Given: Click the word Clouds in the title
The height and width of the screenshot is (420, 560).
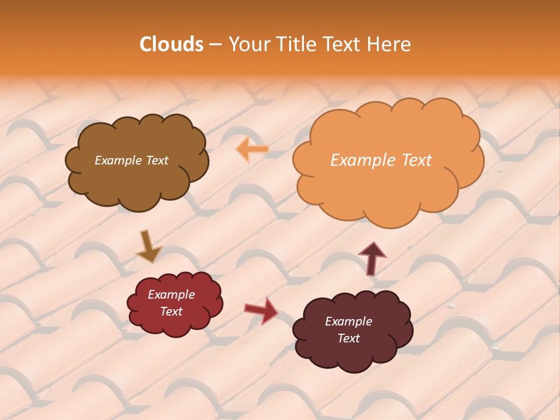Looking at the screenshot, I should (171, 44).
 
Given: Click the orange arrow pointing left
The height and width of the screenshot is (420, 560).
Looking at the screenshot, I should (253, 149).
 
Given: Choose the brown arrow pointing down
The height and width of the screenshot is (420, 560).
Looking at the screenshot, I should (148, 247).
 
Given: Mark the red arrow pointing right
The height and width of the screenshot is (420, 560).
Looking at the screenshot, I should (261, 310).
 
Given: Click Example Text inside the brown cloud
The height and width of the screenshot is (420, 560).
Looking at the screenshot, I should (131, 160).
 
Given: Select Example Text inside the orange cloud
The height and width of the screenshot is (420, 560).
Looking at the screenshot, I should (381, 160).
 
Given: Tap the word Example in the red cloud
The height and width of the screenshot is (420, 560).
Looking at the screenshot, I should (171, 295).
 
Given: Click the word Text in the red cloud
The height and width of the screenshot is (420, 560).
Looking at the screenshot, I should (171, 311).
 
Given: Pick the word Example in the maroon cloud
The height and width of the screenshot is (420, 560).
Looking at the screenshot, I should (348, 321).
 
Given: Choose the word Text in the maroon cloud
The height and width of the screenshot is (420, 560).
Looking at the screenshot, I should (348, 338).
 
